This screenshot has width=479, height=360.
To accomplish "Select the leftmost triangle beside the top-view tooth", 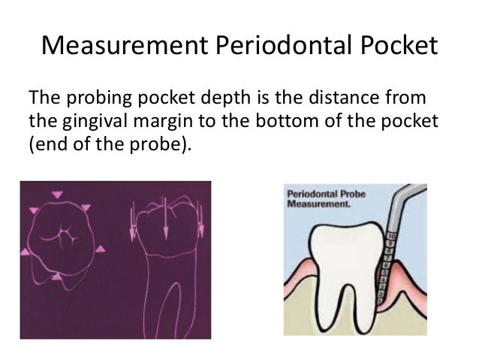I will pyautogui.click(x=27, y=253).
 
